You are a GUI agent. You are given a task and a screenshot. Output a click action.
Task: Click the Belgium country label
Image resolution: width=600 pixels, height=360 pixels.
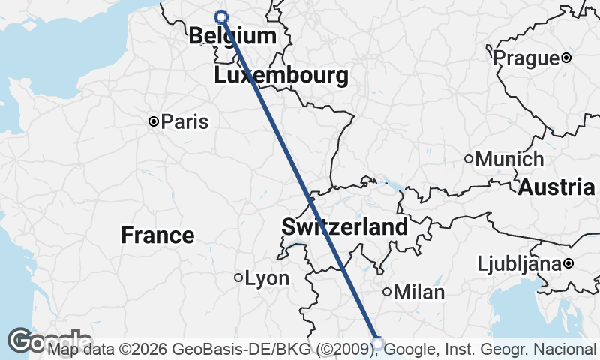coord(232,35)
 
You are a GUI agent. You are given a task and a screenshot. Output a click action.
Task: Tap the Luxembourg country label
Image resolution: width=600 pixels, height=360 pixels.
coord(281,75)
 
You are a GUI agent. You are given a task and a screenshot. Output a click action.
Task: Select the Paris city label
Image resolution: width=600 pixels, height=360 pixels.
coord(184,121)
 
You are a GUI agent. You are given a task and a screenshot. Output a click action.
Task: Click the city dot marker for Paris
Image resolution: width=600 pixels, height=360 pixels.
coord(153,121)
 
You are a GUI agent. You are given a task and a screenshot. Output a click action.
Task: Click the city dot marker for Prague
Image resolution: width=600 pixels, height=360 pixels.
coord(566,58)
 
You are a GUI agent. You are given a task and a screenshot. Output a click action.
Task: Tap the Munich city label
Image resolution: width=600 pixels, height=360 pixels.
coord(510,159)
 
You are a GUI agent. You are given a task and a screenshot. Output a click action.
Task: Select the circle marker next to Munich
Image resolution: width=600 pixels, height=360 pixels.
coord(469,158)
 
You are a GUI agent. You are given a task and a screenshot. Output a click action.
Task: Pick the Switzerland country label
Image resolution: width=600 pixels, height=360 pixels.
coord(345,226)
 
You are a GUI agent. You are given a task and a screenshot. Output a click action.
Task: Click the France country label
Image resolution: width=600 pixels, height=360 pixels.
coord(157,235)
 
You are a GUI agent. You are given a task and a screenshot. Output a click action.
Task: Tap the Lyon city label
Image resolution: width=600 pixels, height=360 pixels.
coord(267,278)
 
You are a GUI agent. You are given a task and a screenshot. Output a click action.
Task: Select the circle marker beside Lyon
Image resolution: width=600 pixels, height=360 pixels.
coord(238,277)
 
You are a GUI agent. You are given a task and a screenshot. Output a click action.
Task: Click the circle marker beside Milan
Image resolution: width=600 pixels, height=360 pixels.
coord(387,292)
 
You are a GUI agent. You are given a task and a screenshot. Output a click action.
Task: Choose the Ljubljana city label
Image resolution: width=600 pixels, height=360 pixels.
coord(520,264)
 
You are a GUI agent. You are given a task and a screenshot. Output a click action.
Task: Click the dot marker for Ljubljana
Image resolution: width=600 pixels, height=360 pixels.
coord(568,264)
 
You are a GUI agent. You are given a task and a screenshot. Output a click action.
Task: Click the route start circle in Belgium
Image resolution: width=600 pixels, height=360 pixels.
coord(220,16)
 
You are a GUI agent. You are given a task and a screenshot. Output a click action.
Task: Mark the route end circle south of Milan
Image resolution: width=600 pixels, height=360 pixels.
coord(378,343)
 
